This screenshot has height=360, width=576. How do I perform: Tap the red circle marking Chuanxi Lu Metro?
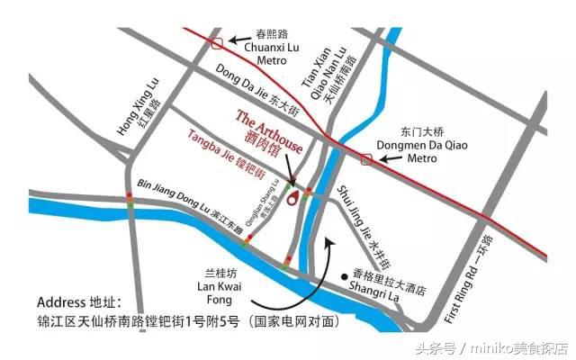pyautogui.click(x=215, y=40)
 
